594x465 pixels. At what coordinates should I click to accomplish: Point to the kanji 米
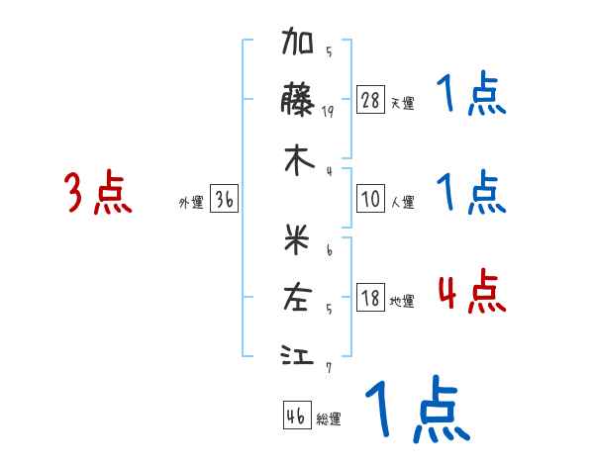click(x=298, y=238)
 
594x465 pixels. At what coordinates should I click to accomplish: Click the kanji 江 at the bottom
click(x=298, y=354)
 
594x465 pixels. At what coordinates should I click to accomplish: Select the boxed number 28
click(x=370, y=100)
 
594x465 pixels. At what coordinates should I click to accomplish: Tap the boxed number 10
click(x=370, y=199)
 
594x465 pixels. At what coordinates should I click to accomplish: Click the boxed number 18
click(x=370, y=298)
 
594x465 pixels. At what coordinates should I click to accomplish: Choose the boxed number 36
click(x=224, y=199)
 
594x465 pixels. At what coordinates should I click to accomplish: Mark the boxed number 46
click(x=296, y=416)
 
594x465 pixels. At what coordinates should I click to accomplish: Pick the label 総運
click(x=329, y=419)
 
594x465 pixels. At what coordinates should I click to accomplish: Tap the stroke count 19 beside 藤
click(x=328, y=112)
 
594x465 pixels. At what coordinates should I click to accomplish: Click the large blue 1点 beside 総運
click(x=416, y=411)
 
